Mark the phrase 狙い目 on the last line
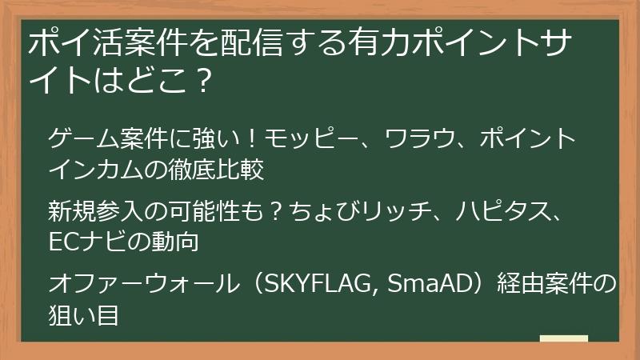83,314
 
